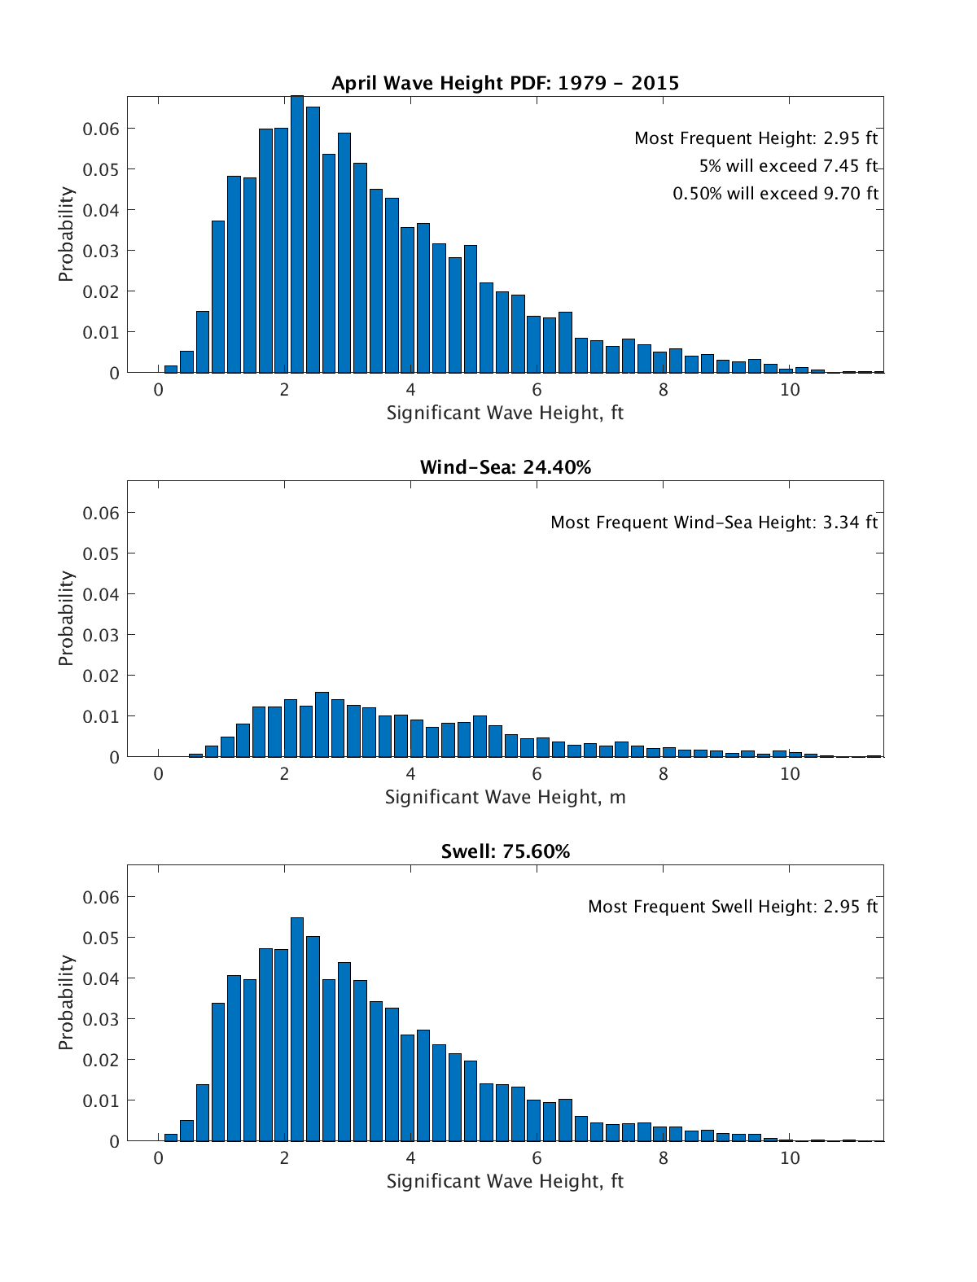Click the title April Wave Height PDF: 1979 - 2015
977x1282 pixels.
(x=505, y=82)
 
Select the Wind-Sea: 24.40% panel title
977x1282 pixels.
(x=505, y=467)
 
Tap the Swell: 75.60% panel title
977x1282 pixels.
(x=505, y=851)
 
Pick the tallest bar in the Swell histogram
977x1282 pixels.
(x=297, y=1030)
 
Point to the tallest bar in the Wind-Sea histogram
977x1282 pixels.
(x=322, y=724)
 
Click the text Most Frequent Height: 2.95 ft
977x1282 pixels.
(x=756, y=138)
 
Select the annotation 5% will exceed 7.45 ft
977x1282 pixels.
(x=788, y=166)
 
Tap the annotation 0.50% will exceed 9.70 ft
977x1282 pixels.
(x=775, y=194)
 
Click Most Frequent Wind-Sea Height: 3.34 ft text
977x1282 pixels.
(x=714, y=523)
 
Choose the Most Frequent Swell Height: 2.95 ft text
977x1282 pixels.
(x=733, y=907)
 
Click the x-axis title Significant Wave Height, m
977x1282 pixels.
(x=505, y=797)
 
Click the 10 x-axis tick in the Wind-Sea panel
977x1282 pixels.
(x=790, y=774)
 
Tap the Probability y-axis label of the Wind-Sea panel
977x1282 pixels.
(x=66, y=619)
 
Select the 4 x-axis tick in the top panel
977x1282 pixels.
(x=410, y=390)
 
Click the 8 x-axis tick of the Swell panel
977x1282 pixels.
(x=664, y=1158)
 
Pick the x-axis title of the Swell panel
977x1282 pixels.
(x=505, y=1181)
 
